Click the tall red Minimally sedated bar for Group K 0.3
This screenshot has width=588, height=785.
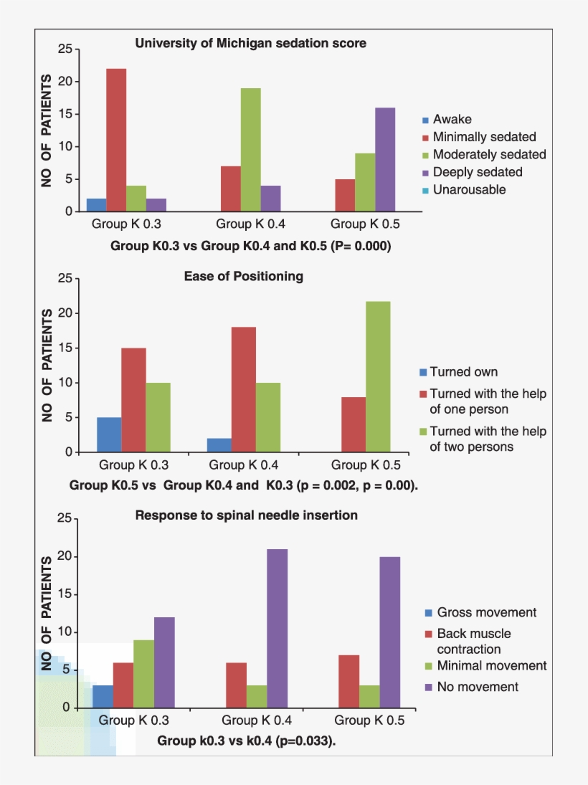[116, 140]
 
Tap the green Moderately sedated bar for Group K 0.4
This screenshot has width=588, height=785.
[250, 149]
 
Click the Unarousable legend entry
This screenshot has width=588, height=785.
[469, 190]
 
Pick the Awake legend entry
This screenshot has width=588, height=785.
[452, 120]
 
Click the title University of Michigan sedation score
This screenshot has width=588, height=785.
[250, 43]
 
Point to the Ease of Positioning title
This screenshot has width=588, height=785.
[243, 276]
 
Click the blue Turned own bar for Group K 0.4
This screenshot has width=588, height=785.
[219, 445]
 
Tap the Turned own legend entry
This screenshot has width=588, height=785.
[463, 372]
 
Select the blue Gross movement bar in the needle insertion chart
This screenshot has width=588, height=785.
[103, 696]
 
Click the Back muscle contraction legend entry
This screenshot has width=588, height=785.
[473, 642]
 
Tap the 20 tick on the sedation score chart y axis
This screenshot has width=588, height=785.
[65, 82]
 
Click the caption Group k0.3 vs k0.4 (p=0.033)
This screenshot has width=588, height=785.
[247, 741]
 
